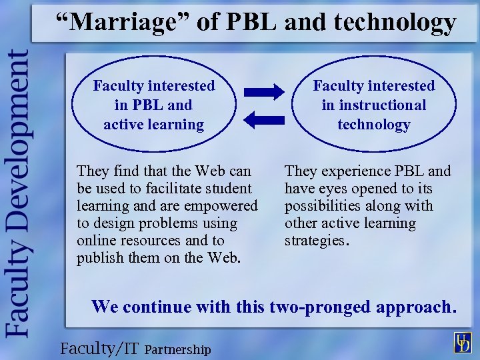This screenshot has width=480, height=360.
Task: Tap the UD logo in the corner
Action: click(463, 343)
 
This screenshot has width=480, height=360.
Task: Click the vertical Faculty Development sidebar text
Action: click(18, 194)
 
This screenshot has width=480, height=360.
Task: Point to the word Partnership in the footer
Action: click(177, 349)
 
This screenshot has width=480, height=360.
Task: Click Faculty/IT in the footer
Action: click(99, 348)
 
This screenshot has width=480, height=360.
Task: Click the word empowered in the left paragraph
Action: click(223, 206)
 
